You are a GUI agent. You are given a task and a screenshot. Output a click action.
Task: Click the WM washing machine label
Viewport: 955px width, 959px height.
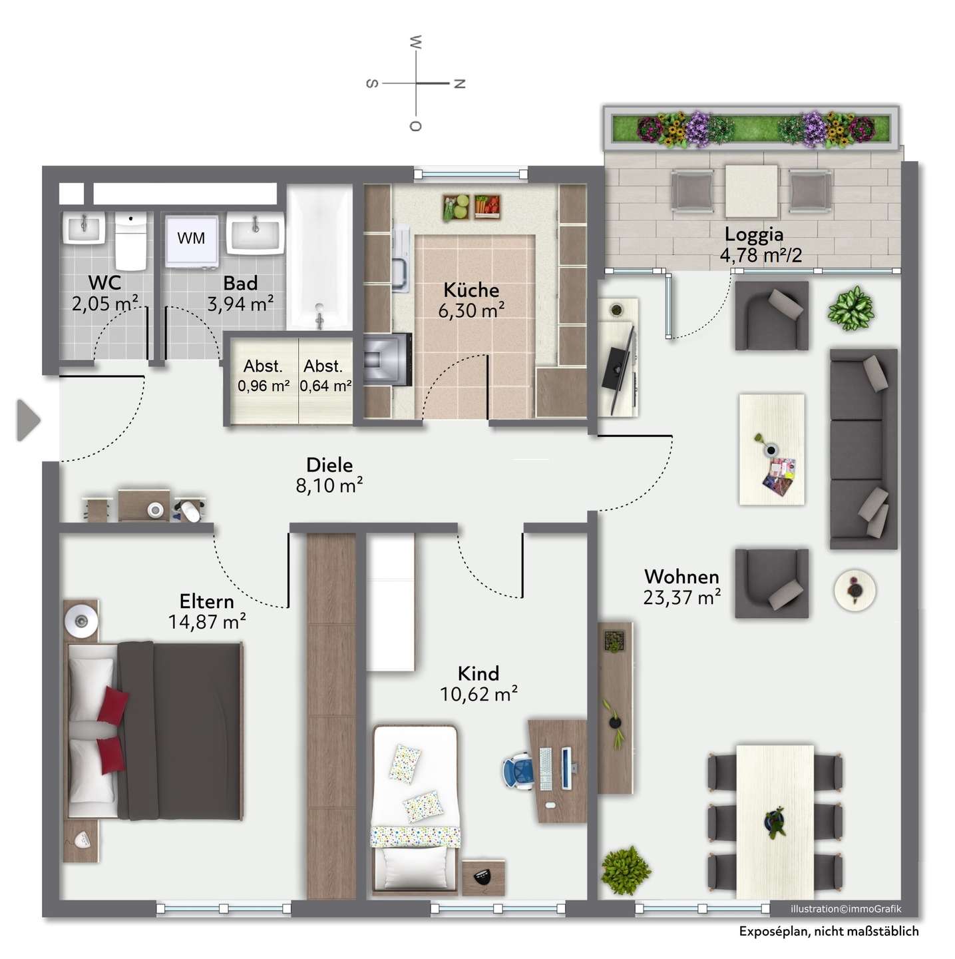[191, 238]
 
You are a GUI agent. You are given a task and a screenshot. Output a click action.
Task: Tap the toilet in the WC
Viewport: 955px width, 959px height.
[131, 241]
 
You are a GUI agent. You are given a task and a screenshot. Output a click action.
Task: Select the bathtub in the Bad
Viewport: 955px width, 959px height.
[319, 257]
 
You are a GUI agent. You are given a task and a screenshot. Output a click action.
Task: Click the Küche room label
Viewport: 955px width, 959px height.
[471, 290]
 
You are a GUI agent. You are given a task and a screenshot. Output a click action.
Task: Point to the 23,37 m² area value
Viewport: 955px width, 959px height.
[682, 597]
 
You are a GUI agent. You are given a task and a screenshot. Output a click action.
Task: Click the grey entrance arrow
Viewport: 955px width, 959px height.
[29, 420]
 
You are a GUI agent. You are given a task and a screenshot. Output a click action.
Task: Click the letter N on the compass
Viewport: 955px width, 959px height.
[460, 84]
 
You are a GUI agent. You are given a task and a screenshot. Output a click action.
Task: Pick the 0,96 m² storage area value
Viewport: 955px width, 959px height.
[264, 386]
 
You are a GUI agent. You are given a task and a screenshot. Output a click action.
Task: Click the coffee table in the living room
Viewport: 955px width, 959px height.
[771, 450]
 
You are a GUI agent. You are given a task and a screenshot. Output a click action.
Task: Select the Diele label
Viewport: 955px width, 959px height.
[329, 465]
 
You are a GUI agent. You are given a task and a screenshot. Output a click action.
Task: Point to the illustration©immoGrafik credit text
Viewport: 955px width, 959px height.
[846, 909]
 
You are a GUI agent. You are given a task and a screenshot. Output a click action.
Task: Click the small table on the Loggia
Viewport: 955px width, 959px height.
[751, 191]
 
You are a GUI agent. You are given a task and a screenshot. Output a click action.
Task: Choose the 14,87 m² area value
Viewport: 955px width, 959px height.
[207, 622]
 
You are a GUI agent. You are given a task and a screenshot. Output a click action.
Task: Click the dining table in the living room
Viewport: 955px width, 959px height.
[775, 822]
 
